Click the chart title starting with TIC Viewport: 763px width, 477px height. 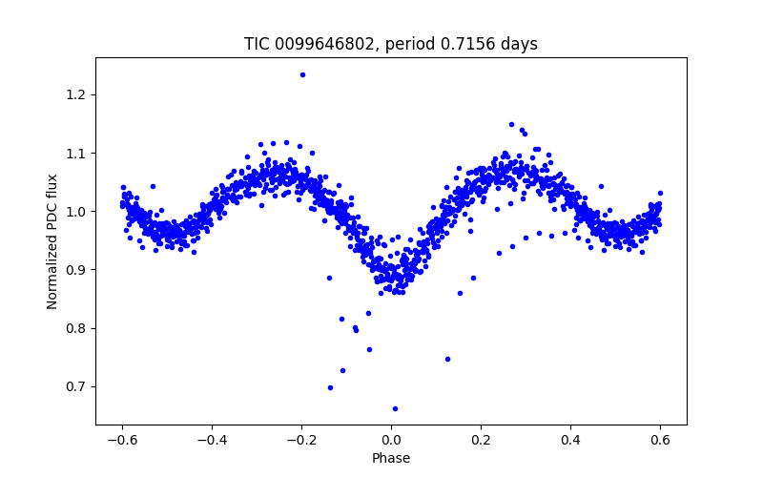click(x=391, y=44)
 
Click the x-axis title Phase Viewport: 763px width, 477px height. click(x=391, y=458)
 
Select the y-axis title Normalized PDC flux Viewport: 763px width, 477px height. click(x=52, y=240)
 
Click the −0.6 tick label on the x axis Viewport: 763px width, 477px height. click(x=122, y=440)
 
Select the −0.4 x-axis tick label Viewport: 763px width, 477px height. click(x=212, y=440)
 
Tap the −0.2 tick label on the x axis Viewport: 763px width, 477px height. click(x=301, y=440)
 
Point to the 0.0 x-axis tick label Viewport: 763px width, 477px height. click(x=391, y=440)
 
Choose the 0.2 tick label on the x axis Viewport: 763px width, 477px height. click(x=481, y=440)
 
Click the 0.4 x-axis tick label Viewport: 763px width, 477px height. click(x=570, y=440)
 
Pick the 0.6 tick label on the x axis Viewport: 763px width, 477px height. click(x=660, y=440)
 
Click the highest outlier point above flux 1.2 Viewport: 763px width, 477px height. click(x=302, y=74)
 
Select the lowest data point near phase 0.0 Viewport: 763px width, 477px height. click(x=395, y=408)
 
